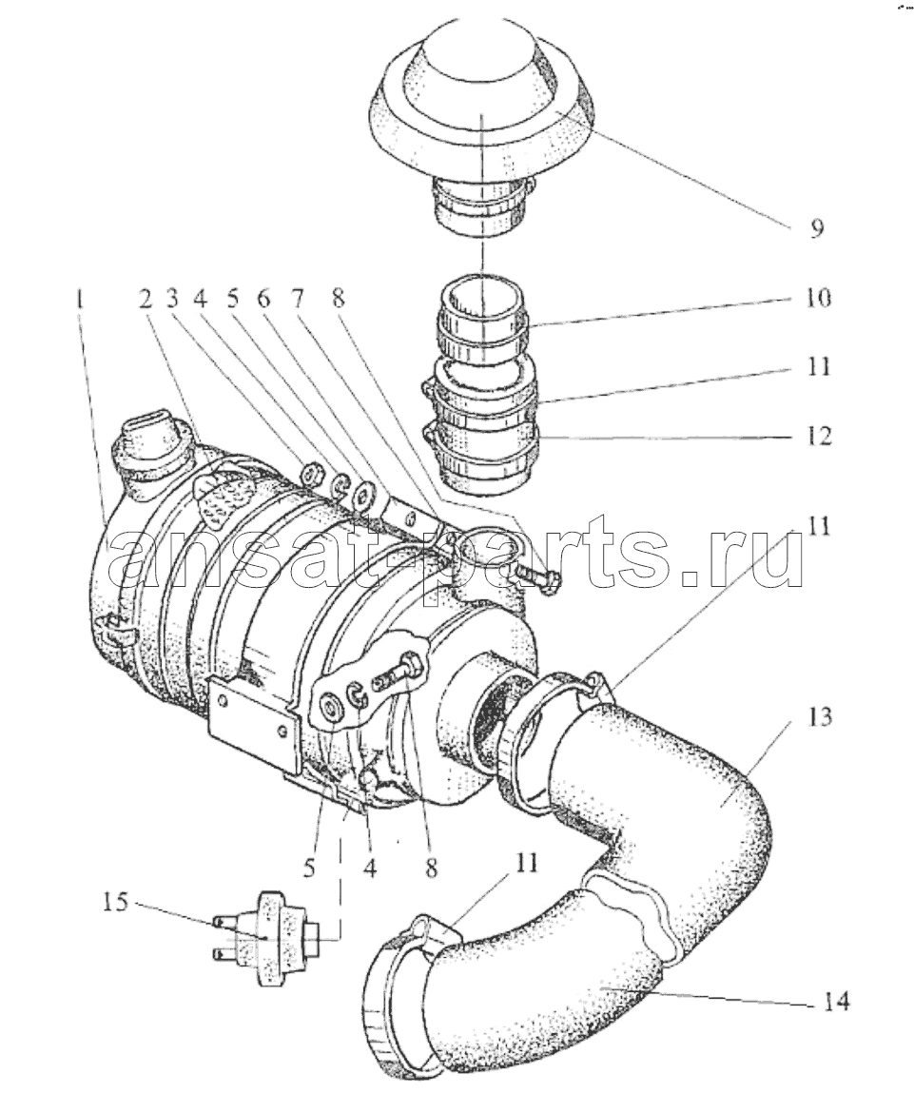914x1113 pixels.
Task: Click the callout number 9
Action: [x=817, y=228]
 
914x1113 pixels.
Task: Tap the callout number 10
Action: [x=818, y=297]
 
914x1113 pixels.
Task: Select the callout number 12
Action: [x=818, y=435]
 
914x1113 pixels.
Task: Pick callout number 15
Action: [x=117, y=903]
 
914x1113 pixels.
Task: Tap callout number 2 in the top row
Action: [x=146, y=300]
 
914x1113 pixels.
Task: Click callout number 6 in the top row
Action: [x=264, y=300]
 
